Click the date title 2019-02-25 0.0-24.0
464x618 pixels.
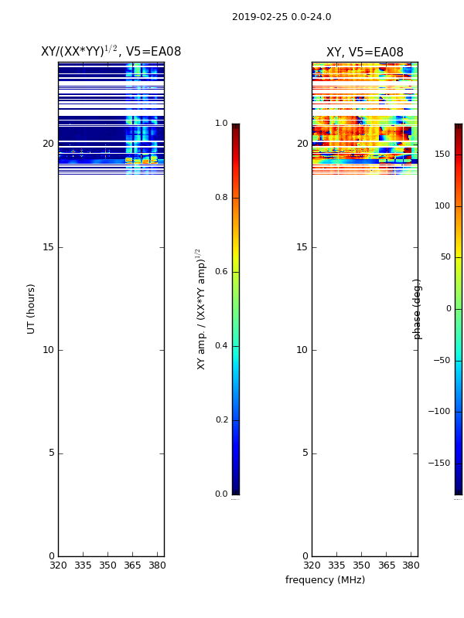[x=281, y=17]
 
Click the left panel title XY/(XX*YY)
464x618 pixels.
[x=111, y=52]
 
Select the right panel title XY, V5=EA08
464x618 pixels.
[x=364, y=53]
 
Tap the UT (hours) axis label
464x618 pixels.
[x=32, y=308]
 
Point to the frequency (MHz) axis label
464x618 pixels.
[x=325, y=580]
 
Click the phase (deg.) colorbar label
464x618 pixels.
[x=418, y=308]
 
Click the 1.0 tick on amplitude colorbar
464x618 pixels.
[x=221, y=124]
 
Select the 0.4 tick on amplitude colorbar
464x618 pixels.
[x=221, y=346]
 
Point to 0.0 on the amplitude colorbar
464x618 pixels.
[x=221, y=494]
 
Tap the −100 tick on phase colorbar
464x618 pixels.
[x=439, y=412]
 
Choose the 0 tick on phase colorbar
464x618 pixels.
[x=448, y=309]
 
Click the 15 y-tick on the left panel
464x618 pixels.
[x=48, y=247]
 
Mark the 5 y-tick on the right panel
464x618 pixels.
[x=305, y=453]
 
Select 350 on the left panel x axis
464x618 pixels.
[x=107, y=565]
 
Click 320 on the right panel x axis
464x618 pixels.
[x=312, y=565]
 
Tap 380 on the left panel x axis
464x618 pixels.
[x=157, y=565]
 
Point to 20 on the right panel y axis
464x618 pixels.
[x=302, y=144]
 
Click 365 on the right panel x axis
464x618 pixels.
[x=386, y=565]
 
